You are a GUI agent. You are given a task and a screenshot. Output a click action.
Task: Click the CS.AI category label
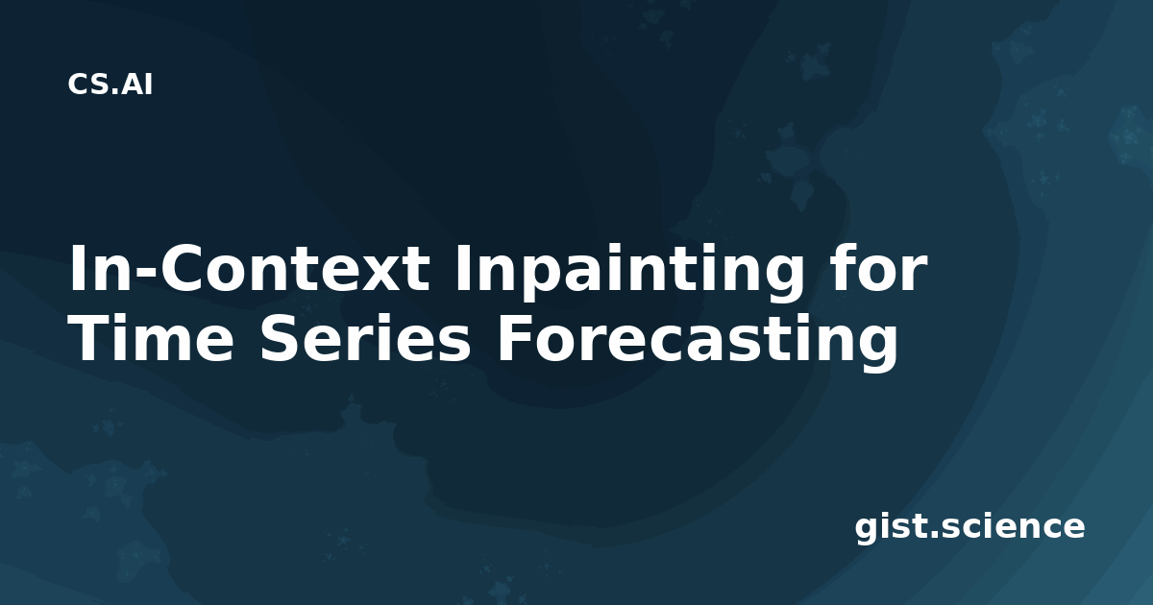pyautogui.click(x=110, y=85)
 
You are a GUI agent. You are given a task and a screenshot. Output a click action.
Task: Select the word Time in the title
pyautogui.click(x=152, y=340)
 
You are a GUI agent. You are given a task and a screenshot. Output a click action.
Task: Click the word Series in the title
pyautogui.click(x=364, y=340)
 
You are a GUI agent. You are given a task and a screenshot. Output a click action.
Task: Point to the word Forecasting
pyautogui.click(x=697, y=345)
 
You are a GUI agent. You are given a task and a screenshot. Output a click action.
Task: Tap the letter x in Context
pyautogui.click(x=377, y=275)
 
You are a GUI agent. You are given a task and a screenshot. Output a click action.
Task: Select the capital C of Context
pyautogui.click(x=183, y=269)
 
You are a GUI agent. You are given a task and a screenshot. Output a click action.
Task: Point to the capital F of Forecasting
pyautogui.click(x=513, y=337)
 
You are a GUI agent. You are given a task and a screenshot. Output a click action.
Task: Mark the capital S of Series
pyautogui.click(x=281, y=337)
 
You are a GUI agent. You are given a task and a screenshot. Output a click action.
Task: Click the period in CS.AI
pyautogui.click(x=116, y=91)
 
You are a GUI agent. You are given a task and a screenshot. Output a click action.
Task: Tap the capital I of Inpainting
pyautogui.click(x=461, y=269)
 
